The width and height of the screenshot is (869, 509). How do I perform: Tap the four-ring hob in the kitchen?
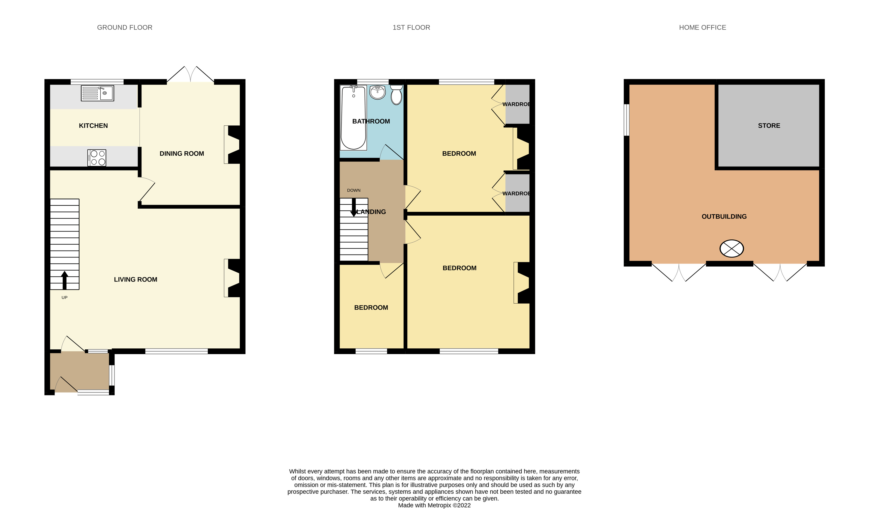coord(97,158)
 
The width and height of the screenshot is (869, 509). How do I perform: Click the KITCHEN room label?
coord(93,126)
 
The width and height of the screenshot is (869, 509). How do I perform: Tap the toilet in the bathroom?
coord(396,95)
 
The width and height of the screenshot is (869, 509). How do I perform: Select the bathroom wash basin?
coord(378,92)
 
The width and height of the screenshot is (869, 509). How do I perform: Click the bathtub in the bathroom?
coord(353,117)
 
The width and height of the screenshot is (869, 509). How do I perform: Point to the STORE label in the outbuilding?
coord(769,126)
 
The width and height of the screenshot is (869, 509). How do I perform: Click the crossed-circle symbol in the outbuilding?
coord(731,249)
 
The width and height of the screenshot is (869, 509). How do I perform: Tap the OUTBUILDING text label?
coord(724,217)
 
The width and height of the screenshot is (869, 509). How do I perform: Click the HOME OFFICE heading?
coord(702,28)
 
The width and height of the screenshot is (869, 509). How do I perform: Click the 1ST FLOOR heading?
coord(411,28)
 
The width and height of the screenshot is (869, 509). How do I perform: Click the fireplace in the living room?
coord(232,278)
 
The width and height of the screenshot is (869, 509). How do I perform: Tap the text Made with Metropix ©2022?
coord(434,505)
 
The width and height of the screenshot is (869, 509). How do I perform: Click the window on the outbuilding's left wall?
coord(627,120)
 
